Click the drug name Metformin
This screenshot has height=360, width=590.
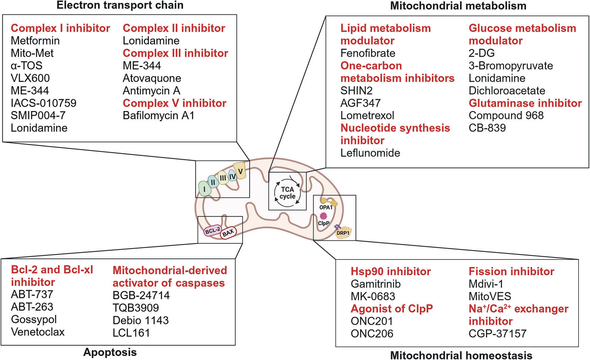coord(35,41)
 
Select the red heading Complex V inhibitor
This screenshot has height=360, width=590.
coord(174,103)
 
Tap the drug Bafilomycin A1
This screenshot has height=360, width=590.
coord(158,116)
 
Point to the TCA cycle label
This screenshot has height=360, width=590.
coord(287,193)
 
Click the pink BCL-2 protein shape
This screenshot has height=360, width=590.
coord(213,231)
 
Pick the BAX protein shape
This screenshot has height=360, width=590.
coord(228,233)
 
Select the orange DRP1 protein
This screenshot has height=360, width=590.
coord(343,233)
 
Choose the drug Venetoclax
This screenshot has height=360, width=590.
coord(38,332)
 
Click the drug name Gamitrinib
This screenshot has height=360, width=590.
coord(376,284)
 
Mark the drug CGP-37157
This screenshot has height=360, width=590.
coord(497,334)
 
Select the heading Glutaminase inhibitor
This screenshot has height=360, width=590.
coord(525,103)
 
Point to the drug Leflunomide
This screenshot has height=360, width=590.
coord(370,153)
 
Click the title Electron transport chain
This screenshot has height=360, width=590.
coord(120,5)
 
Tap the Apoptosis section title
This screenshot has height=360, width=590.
coord(110,352)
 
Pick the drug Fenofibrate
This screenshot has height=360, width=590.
coord(368,53)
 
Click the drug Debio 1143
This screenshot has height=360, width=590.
coord(141,320)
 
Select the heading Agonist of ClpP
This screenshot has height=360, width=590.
coord(391,309)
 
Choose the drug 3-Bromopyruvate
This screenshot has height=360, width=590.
coord(510,66)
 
